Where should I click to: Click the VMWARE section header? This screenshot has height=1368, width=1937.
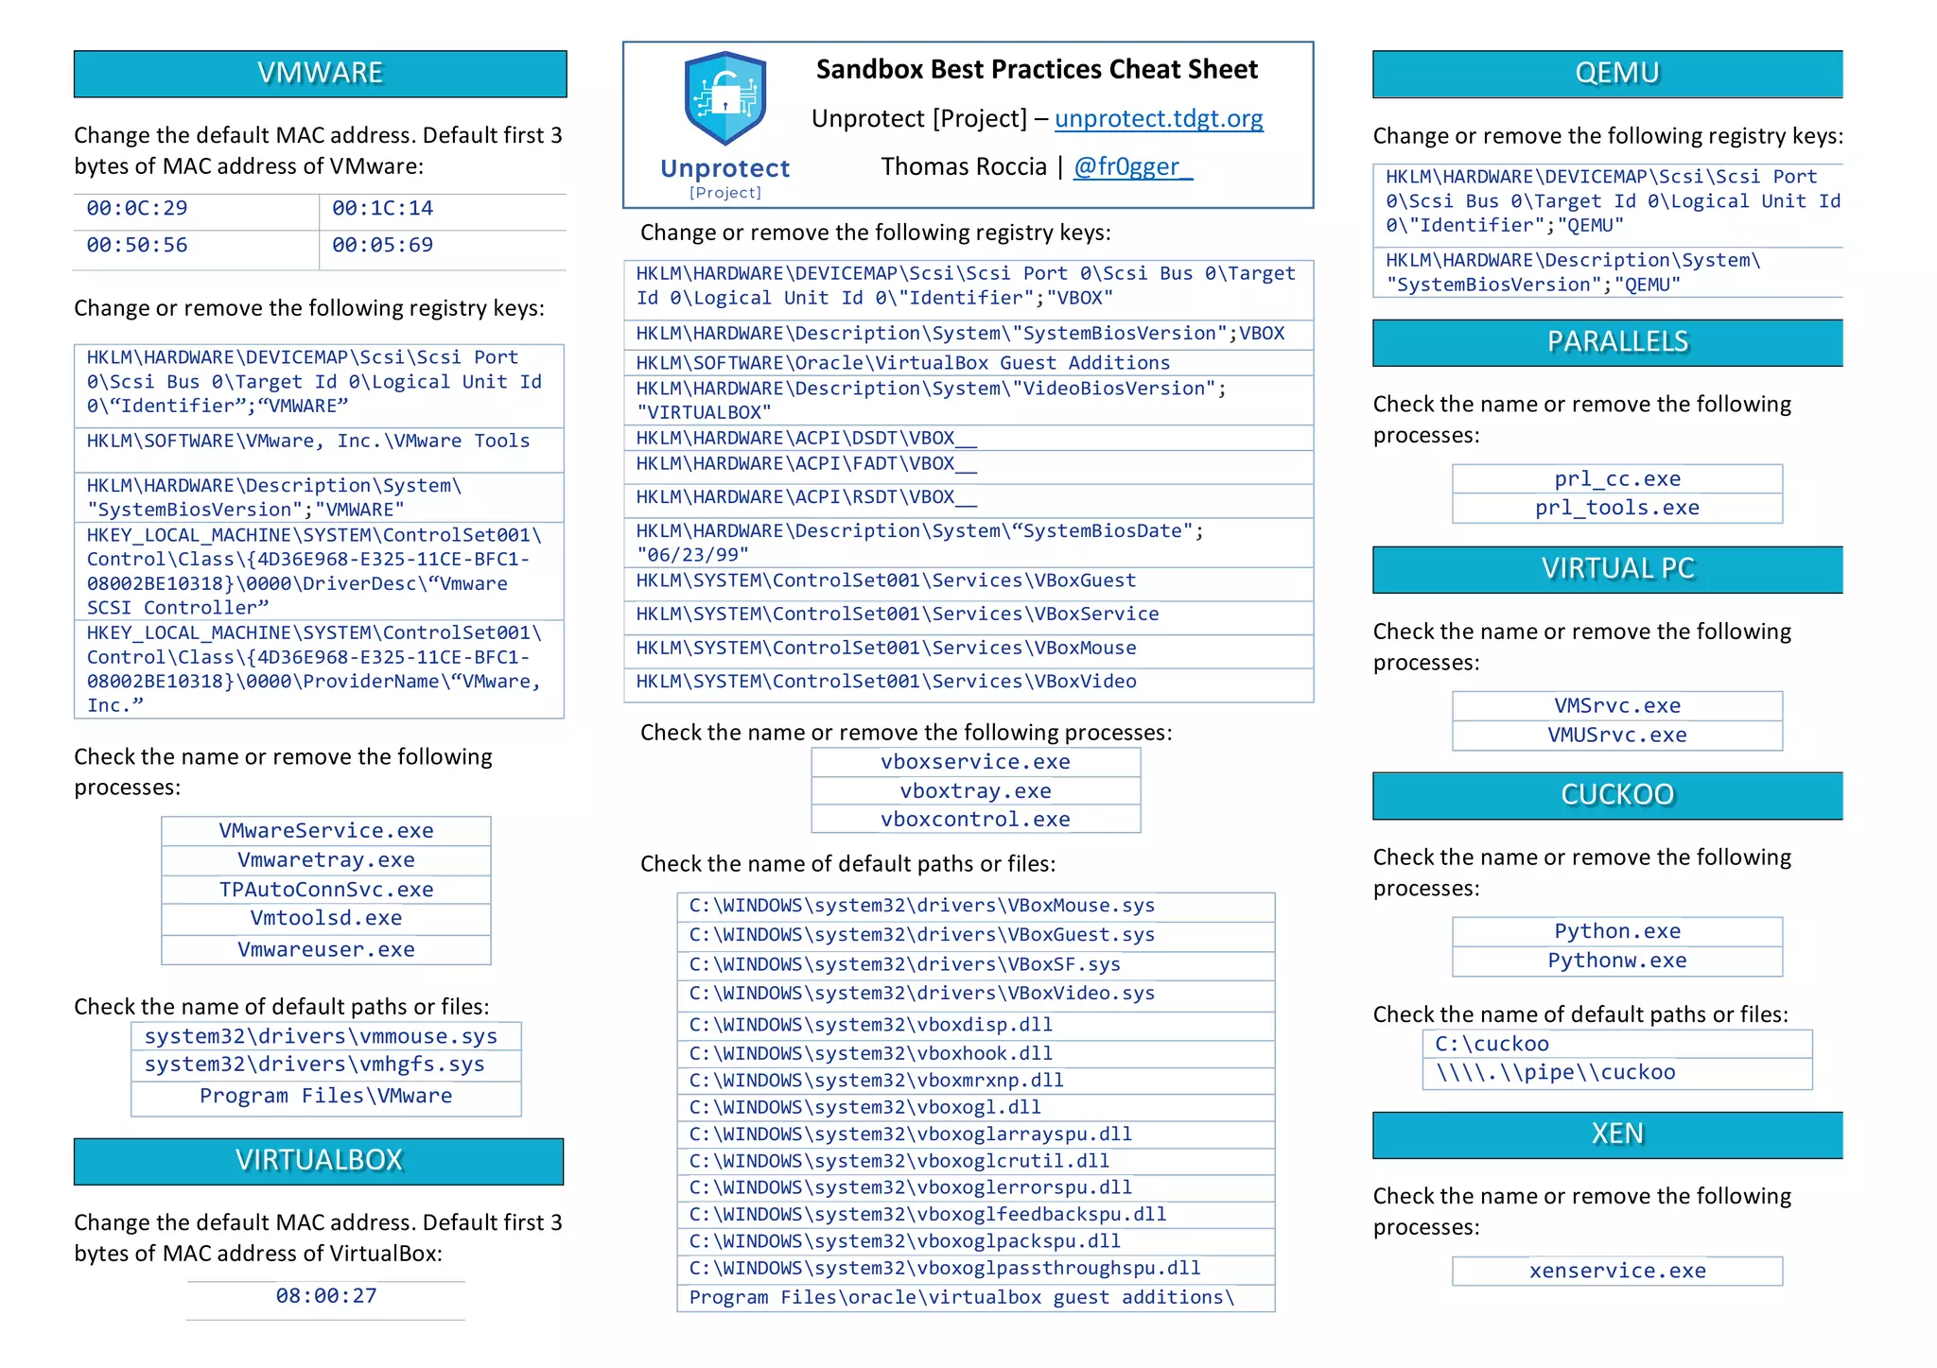[x=320, y=74]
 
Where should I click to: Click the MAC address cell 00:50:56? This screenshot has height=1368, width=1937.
[x=137, y=246]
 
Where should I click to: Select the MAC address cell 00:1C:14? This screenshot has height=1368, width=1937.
[x=382, y=209]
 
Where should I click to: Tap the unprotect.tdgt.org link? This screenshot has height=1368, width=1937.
[x=1158, y=119]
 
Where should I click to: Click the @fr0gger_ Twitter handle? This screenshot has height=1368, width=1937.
[x=1132, y=167]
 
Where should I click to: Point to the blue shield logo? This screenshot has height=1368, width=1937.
[x=724, y=98]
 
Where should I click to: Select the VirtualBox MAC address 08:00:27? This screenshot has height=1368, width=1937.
[x=325, y=1296]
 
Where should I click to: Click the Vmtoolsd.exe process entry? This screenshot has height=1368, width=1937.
[x=325, y=918]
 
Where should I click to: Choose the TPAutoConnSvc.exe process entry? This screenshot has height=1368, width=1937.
[x=325, y=890]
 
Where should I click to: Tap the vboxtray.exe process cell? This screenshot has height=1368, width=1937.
[x=975, y=791]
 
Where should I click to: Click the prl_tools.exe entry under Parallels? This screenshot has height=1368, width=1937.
[x=1616, y=509]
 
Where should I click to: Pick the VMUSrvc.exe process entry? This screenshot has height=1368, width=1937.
[x=1616, y=736]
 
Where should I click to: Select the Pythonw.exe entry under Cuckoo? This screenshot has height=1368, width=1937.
[x=1616, y=961]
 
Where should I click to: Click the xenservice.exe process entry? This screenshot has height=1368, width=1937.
[x=1616, y=1272]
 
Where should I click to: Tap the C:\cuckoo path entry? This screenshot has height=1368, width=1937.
[x=1492, y=1045]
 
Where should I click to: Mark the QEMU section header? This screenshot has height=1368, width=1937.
[x=1616, y=74]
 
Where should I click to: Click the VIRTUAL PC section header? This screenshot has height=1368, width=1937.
[x=1616, y=569]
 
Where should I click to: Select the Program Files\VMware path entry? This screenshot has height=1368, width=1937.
[x=325, y=1097]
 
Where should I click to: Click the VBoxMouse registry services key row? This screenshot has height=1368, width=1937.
[x=885, y=649]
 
